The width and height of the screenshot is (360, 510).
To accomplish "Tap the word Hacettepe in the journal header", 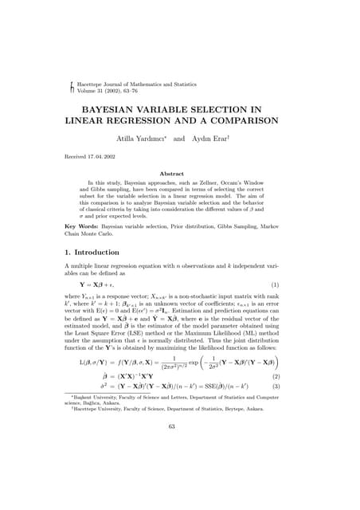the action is pos(88,83).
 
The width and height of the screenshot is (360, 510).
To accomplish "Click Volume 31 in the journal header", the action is pos(90,90).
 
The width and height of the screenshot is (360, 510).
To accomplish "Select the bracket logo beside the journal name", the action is pos(72,86).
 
